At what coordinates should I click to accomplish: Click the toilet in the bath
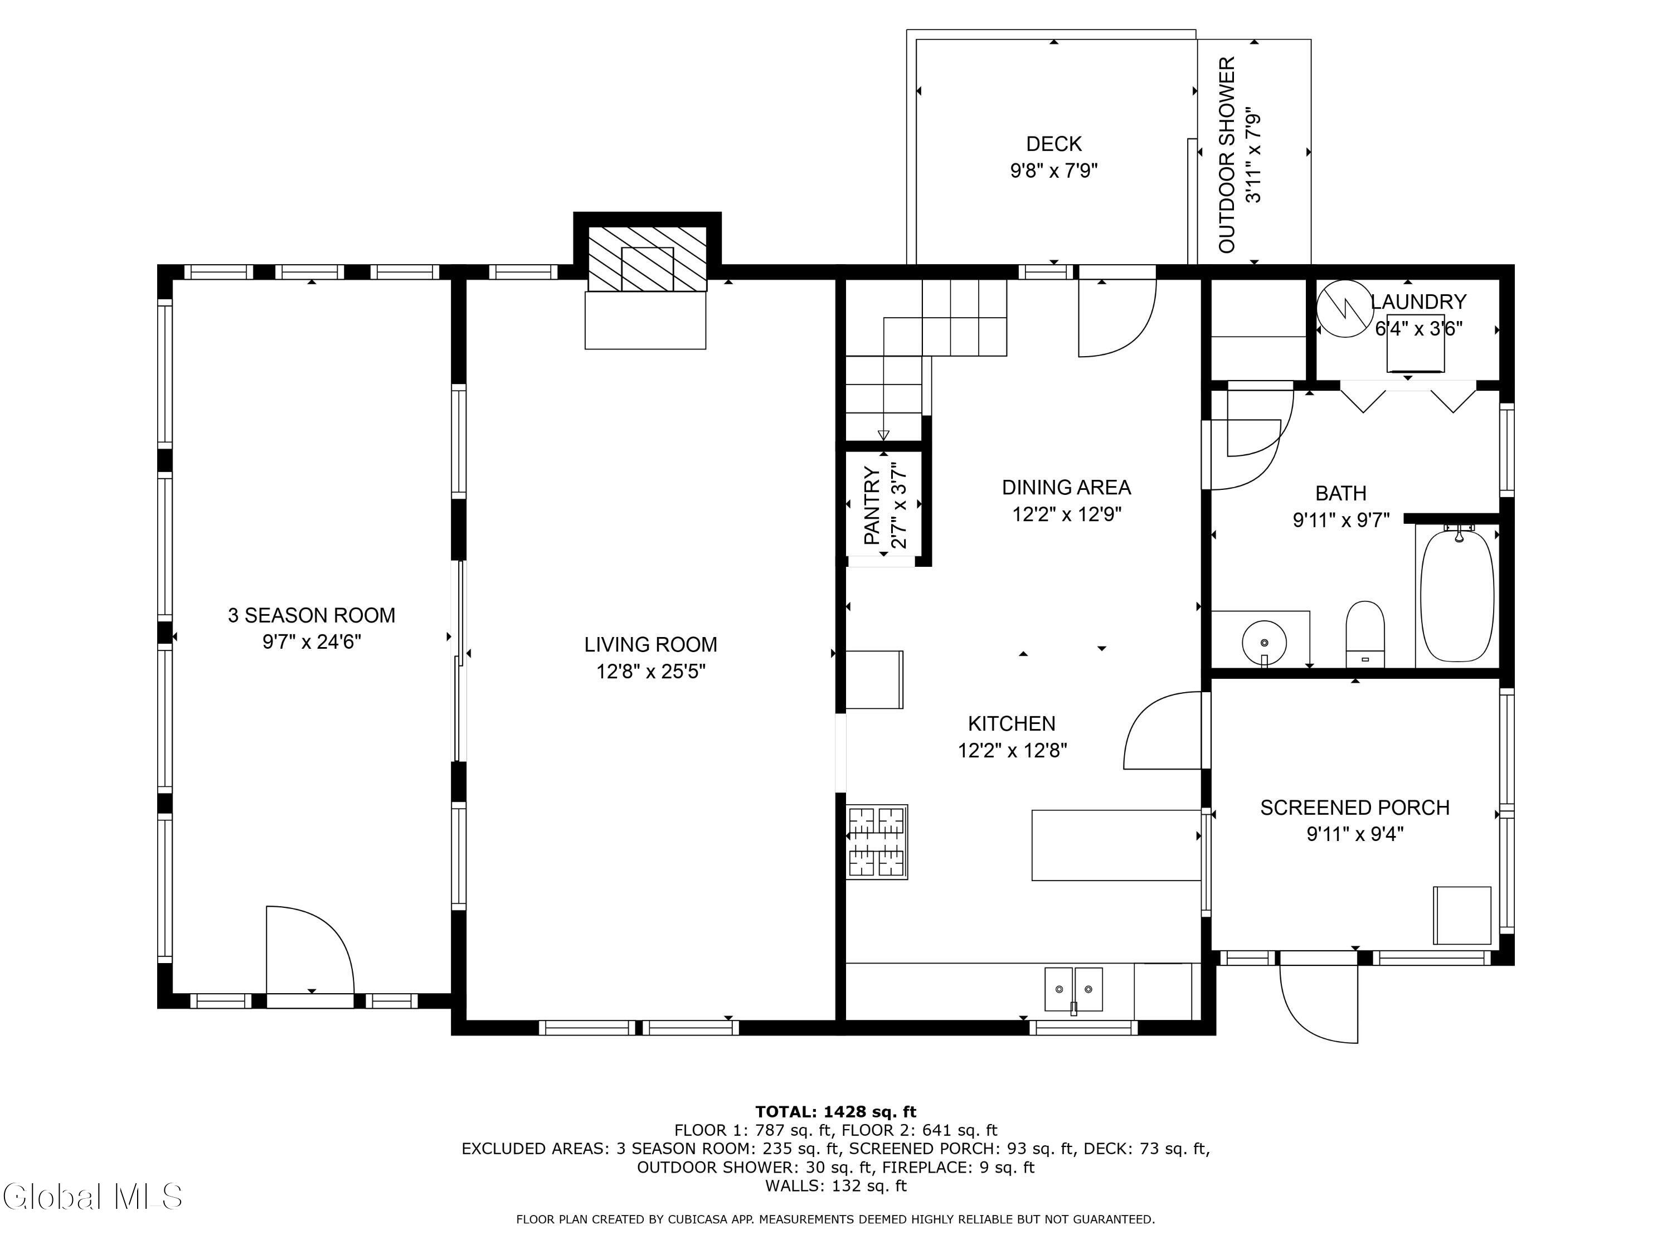click(x=1364, y=634)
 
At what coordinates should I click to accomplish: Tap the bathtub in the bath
click(x=1457, y=596)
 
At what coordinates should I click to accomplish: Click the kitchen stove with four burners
click(x=877, y=842)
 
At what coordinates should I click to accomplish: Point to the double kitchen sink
click(x=1073, y=989)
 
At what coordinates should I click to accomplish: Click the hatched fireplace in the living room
click(x=647, y=259)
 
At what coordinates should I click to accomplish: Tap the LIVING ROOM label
click(x=650, y=645)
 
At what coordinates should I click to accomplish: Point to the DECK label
click(x=1054, y=144)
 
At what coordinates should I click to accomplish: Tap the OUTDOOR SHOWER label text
click(x=1227, y=155)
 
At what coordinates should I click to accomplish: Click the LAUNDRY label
click(x=1418, y=302)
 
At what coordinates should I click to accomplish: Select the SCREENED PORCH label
click(x=1354, y=808)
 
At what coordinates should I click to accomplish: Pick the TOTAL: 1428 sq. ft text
click(x=835, y=1112)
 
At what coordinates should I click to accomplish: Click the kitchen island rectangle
click(x=1116, y=845)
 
